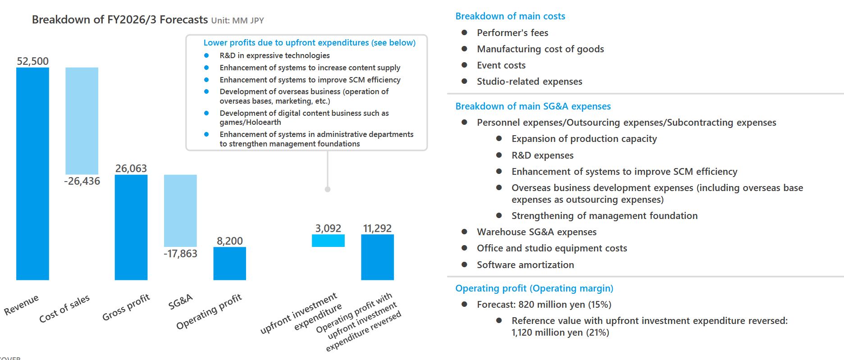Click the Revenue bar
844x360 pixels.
(x=32, y=173)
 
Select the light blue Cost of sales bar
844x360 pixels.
(x=82, y=121)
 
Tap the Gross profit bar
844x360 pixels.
(x=131, y=227)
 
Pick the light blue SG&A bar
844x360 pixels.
(x=180, y=210)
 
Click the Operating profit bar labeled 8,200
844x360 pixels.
(x=229, y=263)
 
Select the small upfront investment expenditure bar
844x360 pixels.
(x=328, y=241)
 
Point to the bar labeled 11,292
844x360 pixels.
(x=377, y=257)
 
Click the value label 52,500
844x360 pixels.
(x=32, y=61)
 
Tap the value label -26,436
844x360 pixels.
(x=82, y=181)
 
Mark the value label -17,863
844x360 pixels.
(x=180, y=254)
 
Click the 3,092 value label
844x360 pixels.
(x=328, y=228)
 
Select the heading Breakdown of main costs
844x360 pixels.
(x=510, y=16)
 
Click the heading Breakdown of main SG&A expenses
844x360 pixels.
(x=533, y=106)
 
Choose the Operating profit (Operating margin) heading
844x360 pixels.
(x=534, y=288)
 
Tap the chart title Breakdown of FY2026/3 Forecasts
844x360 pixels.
(x=120, y=20)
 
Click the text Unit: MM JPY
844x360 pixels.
(x=237, y=21)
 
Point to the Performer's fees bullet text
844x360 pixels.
(x=512, y=33)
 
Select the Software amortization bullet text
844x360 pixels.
(x=525, y=265)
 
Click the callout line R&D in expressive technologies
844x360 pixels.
(x=274, y=55)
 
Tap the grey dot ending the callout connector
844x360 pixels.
(x=328, y=189)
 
